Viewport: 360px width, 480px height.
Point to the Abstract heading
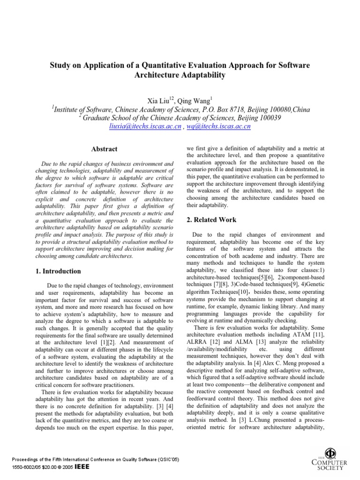(x=105, y=149)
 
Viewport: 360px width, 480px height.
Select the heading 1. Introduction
(x=59, y=271)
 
